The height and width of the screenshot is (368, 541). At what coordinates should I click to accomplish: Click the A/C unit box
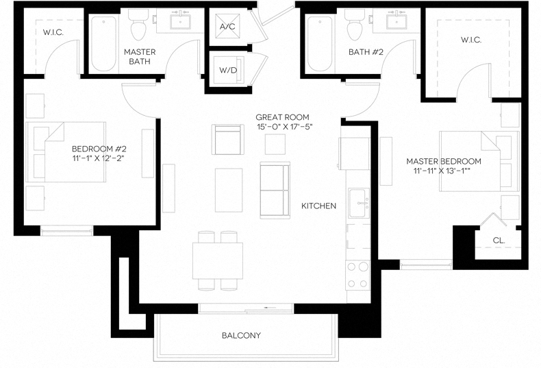pyautogui.click(x=228, y=27)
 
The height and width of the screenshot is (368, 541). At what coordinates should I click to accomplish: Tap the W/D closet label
pyautogui.click(x=228, y=69)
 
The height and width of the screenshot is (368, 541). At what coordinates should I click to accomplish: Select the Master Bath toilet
pyautogui.click(x=138, y=27)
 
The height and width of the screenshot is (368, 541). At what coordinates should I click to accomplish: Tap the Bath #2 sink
pyautogui.click(x=397, y=23)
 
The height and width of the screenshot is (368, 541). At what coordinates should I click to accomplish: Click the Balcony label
pyautogui.click(x=241, y=335)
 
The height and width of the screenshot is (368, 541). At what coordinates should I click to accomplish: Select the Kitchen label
pyautogui.click(x=319, y=206)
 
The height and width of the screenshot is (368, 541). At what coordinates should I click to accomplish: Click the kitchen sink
pyautogui.click(x=359, y=203)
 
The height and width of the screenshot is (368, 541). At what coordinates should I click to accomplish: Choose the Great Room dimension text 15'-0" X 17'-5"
pyautogui.click(x=283, y=127)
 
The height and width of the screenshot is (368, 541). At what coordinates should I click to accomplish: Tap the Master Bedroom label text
pyautogui.click(x=443, y=161)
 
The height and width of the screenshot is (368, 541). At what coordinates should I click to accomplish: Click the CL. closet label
pyautogui.click(x=499, y=241)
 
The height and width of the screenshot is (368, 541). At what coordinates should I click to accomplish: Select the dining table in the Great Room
pyautogui.click(x=218, y=260)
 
